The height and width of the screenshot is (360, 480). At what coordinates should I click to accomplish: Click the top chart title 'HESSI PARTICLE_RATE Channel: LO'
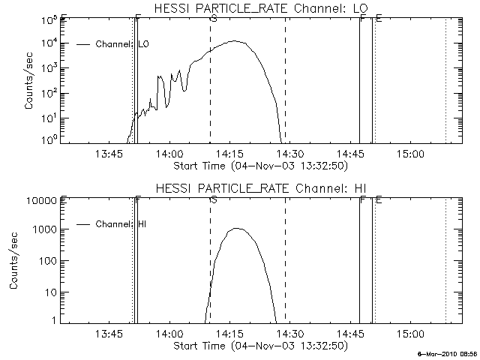259,9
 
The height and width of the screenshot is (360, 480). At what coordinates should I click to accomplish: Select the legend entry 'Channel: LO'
123,44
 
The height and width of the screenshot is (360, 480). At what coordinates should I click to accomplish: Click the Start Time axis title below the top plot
259,165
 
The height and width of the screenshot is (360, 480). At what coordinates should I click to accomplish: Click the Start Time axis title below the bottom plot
259,346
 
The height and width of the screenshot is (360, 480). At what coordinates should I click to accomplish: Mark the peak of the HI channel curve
236,228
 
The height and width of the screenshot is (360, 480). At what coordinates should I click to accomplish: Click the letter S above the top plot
214,18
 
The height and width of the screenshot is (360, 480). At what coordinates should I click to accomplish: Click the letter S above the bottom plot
214,199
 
